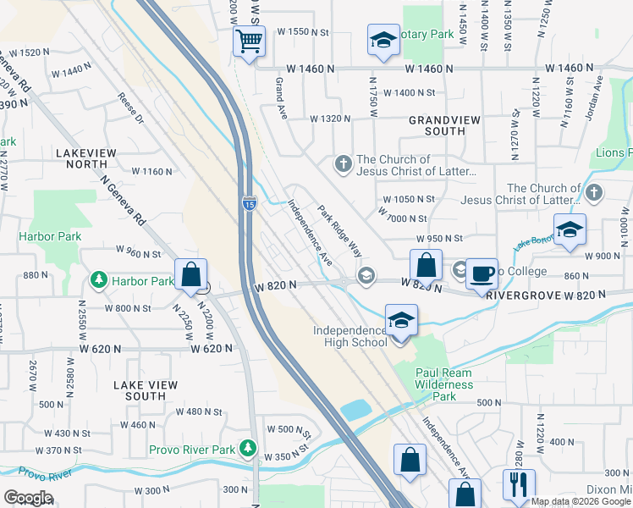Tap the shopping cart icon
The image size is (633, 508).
249,41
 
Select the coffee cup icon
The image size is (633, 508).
482,273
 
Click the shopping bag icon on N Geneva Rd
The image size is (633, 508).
191,274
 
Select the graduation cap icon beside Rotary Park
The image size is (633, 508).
383,41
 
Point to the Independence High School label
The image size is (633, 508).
349,336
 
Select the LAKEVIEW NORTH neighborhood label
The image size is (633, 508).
91,159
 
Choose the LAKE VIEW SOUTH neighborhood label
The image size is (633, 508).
146,390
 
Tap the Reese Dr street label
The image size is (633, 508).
130,108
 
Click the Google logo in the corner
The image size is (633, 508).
28,498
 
